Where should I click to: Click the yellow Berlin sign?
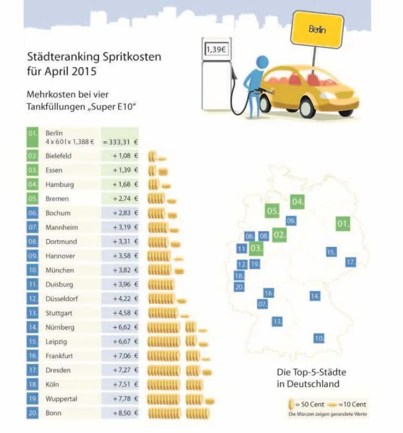coord(318,30)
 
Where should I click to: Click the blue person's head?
coord(262,62)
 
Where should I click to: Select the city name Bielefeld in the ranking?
coord(58,156)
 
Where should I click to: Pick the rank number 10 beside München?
coord(33,270)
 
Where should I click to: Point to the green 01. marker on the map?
coord(343,223)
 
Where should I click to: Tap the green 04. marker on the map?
coord(298,202)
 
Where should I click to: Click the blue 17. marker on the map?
coord(351,262)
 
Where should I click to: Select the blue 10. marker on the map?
coord(319,338)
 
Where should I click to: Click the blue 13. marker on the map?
coord(277,321)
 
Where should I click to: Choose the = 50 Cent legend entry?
coord(302,405)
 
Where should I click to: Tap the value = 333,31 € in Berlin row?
coord(120,142)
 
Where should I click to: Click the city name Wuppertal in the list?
coord(61,399)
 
